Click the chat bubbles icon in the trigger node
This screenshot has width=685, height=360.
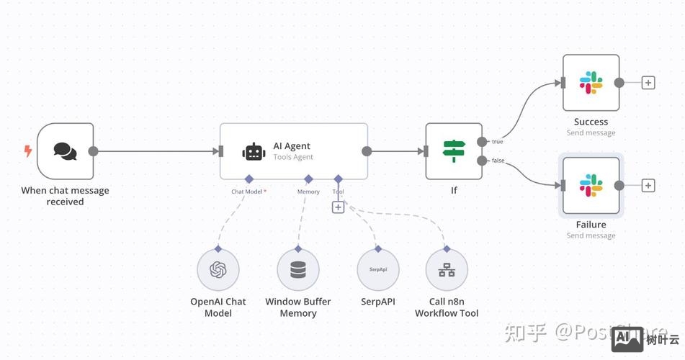click(65, 151)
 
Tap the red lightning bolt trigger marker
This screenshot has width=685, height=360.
click(28, 151)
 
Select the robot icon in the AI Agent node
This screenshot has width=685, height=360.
click(254, 151)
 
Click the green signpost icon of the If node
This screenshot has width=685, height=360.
click(453, 151)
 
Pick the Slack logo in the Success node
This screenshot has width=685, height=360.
click(591, 83)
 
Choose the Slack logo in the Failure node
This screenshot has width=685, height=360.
click(591, 185)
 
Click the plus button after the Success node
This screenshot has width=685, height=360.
click(648, 83)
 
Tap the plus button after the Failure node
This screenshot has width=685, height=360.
click(648, 186)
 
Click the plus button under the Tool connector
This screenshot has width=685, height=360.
click(338, 207)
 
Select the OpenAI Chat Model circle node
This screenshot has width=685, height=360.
click(218, 270)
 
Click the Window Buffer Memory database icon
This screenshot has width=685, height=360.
click(297, 270)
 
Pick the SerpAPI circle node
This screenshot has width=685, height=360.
click(378, 270)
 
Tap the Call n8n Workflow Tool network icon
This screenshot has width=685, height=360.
click(447, 270)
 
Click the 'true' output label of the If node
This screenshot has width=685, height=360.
click(498, 142)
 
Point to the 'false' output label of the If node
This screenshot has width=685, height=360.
click(498, 161)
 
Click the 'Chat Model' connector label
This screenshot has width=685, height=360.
click(248, 192)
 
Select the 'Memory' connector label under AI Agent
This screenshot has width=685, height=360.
click(308, 192)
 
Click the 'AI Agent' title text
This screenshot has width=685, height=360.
click(292, 146)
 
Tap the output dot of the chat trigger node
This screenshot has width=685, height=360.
click(93, 151)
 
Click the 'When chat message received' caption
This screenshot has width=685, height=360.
click(65, 196)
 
